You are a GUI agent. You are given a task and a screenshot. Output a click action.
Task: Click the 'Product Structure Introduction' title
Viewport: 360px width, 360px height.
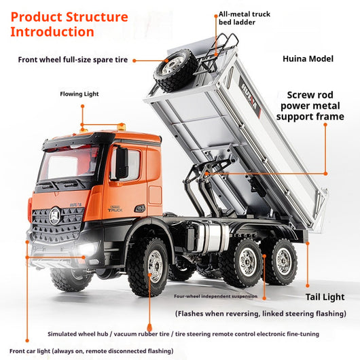(69, 24)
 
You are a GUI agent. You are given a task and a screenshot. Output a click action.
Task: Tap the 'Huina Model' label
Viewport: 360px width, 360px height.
(308, 59)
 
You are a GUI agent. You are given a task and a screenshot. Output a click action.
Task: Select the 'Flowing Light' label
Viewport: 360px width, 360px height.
(79, 94)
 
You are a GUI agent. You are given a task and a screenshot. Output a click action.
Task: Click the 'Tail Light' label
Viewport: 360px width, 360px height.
(325, 297)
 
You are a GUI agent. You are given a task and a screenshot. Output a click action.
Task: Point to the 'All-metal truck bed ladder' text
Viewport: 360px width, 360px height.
(245, 18)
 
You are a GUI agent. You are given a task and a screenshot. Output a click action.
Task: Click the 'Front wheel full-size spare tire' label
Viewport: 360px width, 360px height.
(73, 60)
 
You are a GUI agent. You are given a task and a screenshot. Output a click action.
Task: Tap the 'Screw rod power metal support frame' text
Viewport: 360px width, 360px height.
(310, 106)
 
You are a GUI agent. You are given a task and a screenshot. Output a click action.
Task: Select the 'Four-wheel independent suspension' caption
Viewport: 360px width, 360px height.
(215, 296)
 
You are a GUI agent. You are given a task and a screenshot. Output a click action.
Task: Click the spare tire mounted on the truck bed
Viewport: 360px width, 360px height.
(175, 70)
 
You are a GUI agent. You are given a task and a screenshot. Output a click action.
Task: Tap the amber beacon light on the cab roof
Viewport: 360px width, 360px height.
(121, 127)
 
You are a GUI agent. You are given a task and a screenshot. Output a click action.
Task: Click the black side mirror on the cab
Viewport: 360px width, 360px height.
(122, 164)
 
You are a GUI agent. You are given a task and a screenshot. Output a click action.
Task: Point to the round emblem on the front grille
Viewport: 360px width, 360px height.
(55, 216)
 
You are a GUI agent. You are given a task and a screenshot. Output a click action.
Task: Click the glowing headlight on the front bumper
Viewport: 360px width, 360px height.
(87, 249)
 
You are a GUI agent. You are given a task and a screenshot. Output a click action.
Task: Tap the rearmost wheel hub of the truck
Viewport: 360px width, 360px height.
(284, 261)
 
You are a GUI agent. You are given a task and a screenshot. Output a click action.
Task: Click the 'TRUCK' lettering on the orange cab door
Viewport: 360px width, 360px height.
(115, 210)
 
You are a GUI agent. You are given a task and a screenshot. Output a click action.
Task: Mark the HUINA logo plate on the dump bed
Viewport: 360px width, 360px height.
(250, 97)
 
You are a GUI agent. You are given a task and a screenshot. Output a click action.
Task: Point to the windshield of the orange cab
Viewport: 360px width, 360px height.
(69, 162)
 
